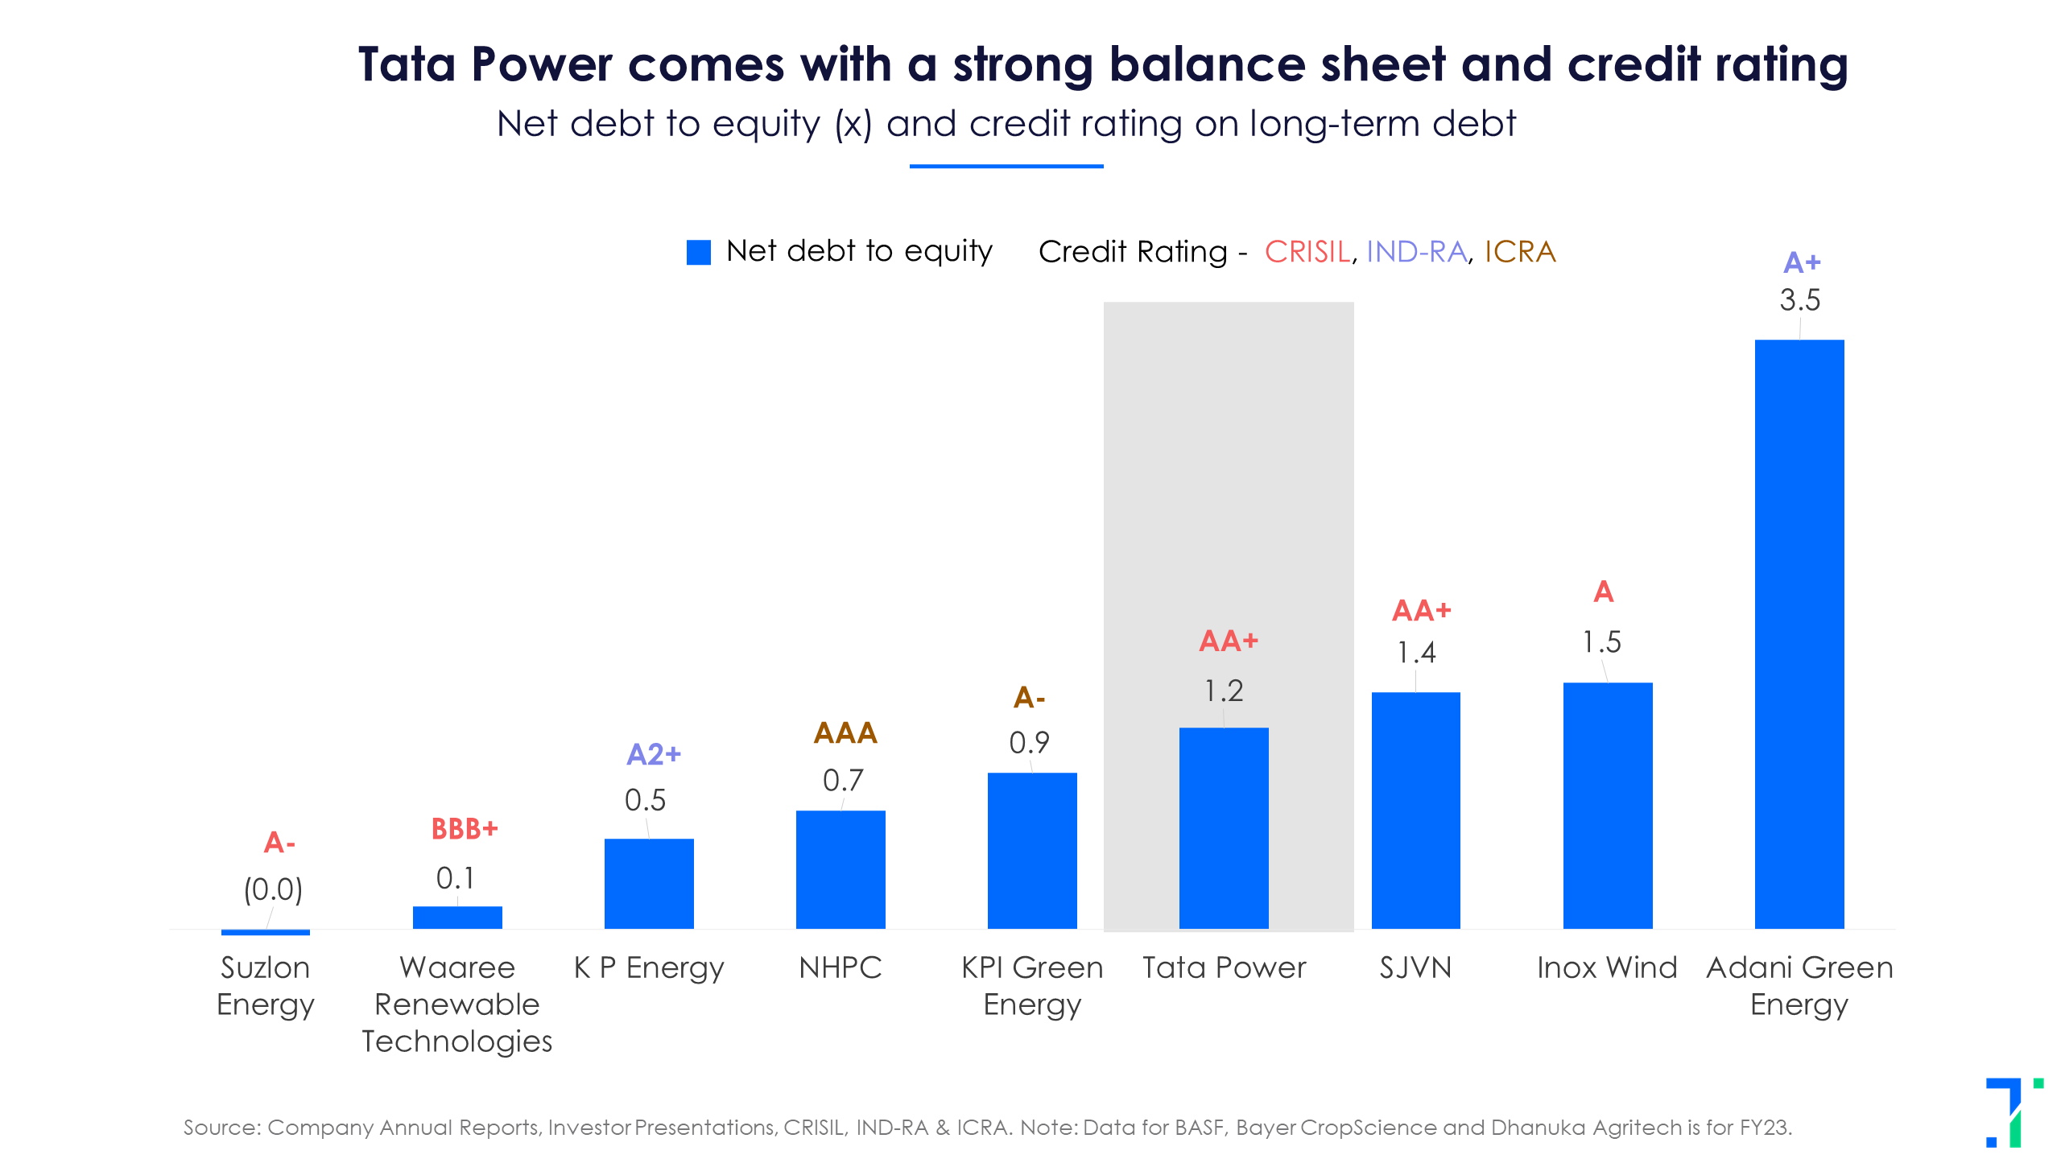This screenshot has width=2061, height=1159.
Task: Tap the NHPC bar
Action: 841,869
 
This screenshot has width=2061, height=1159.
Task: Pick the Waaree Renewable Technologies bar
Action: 457,918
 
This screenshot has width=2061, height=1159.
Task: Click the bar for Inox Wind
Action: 1608,805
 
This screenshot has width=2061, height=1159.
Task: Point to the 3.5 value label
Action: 1799,300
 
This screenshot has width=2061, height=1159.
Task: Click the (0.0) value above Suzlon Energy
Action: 273,889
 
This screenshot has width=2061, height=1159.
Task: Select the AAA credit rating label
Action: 845,733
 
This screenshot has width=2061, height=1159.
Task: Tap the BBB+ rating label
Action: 465,829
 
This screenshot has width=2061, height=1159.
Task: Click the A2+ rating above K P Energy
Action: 654,755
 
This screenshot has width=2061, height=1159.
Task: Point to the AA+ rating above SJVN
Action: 1422,611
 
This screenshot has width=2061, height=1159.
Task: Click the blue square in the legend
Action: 698,252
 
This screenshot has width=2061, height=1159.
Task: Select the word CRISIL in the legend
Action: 1307,252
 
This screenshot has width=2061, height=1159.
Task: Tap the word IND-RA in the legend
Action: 1416,252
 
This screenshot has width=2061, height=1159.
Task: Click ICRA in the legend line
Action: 1520,252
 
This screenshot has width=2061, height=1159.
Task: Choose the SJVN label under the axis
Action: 1415,967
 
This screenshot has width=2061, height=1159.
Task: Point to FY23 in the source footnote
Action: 1764,1128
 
